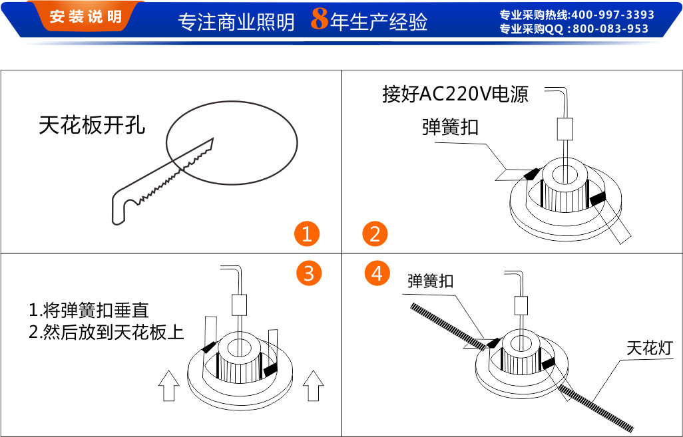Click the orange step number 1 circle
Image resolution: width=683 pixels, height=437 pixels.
click(x=307, y=233)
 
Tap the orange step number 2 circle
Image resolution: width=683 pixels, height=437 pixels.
click(x=375, y=233)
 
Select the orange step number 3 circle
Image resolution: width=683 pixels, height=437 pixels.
click(x=309, y=273)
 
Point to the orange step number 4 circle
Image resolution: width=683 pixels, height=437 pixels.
click(x=377, y=273)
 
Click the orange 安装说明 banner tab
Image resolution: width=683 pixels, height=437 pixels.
click(x=85, y=16)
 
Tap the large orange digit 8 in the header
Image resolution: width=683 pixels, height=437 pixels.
click(x=320, y=19)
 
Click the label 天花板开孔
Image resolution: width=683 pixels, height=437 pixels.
click(x=92, y=125)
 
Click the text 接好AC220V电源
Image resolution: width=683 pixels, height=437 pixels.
click(x=455, y=94)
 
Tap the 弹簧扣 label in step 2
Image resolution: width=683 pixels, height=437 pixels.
click(x=450, y=127)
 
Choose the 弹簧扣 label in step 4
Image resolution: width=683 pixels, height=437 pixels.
click(x=430, y=281)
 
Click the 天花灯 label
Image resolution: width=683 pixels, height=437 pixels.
click(x=650, y=349)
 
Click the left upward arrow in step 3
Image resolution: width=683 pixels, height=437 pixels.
click(x=168, y=385)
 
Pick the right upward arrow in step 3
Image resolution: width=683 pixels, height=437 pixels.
click(x=313, y=385)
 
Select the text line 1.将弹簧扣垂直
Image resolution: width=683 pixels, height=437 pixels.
click(x=89, y=311)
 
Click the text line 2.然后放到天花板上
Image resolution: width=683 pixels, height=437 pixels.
click(x=107, y=333)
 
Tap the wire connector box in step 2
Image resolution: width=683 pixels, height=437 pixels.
click(x=565, y=129)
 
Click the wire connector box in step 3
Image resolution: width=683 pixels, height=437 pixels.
click(x=239, y=305)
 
